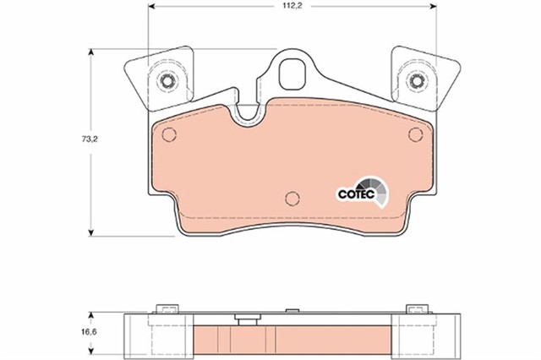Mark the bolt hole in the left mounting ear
[167, 81]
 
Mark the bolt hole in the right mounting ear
[416, 81]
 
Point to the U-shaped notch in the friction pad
[249, 114]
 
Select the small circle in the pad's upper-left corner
[167, 135]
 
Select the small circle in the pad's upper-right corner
[415, 135]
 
